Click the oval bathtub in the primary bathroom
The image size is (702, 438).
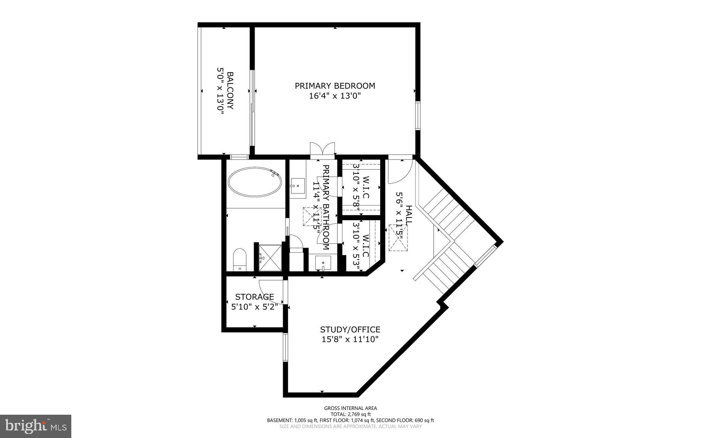point(255,182)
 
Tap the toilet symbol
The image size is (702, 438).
point(240,259)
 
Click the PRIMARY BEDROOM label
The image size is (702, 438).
point(335,86)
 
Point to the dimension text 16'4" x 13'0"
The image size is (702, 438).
point(335,96)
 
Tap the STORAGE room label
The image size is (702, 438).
point(254,297)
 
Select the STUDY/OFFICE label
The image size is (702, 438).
point(350,329)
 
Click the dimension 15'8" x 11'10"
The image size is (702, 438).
point(350,339)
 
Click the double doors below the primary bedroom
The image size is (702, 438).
point(322,149)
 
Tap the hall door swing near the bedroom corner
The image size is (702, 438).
point(400,172)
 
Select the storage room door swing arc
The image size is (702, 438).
point(271,291)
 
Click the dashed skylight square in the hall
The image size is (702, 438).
point(398,238)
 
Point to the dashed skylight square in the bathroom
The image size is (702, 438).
point(312,216)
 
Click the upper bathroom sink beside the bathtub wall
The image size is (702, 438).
point(298,188)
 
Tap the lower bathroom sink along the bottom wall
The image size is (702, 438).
point(323,263)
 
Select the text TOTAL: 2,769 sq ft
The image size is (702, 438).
point(350,414)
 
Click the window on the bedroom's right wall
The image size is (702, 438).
point(418,115)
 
